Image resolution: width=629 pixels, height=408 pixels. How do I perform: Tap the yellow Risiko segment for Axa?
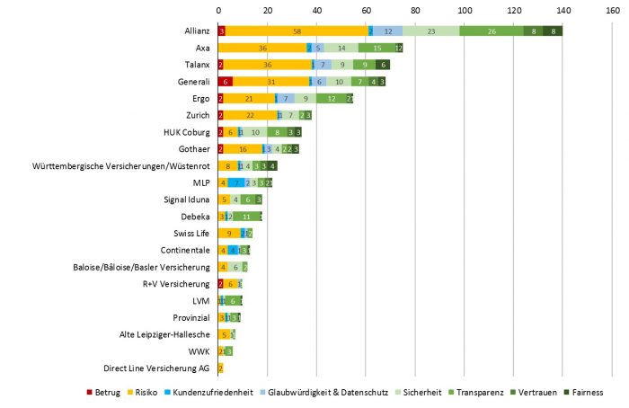pyautogui.click(x=262, y=48)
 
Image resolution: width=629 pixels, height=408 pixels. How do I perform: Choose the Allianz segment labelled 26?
pyautogui.click(x=492, y=31)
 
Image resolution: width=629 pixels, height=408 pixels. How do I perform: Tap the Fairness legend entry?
pyautogui.click(x=587, y=393)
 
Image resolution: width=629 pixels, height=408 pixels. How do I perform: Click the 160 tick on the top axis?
pyautogui.click(x=611, y=10)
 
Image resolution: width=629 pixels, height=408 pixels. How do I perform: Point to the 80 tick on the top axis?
pyautogui.click(x=415, y=10)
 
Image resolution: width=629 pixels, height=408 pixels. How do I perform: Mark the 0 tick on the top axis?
pyautogui.click(x=218, y=10)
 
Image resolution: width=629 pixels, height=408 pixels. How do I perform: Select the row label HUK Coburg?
pyautogui.click(x=186, y=132)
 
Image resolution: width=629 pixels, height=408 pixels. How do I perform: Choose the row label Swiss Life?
pyautogui.click(x=190, y=233)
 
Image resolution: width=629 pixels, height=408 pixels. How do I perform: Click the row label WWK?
pyautogui.click(x=200, y=351)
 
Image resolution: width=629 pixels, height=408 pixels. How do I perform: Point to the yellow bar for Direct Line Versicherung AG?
pyautogui.click(x=220, y=368)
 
